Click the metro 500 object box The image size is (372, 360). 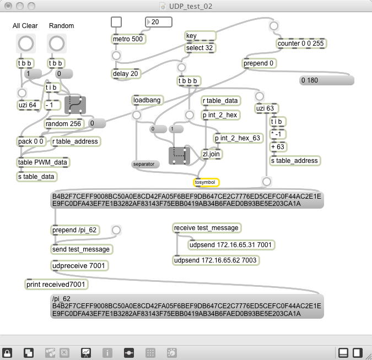click(x=128, y=39)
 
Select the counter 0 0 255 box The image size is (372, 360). click(x=300, y=43)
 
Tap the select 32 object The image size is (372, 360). click(x=200, y=48)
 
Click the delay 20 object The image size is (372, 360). click(x=126, y=74)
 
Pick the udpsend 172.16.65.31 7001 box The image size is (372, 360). click(x=230, y=245)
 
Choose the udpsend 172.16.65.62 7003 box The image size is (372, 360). click(x=215, y=260)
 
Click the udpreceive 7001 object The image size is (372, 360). click(x=79, y=266)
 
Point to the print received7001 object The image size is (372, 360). click(x=56, y=285)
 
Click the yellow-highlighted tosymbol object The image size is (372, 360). click(x=206, y=182)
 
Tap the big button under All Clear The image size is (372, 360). click(x=25, y=43)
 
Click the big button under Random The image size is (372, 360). click(x=56, y=43)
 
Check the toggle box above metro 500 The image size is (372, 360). click(x=116, y=22)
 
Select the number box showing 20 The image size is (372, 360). click(x=159, y=22)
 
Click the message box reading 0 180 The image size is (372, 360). click(x=326, y=80)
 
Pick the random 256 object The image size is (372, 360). click(x=63, y=124)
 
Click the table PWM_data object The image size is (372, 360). click(x=43, y=162)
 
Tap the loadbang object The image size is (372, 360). click(x=148, y=100)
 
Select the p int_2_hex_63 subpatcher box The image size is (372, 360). click(x=239, y=138)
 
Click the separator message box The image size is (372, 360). click(x=145, y=164)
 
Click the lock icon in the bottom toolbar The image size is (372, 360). click(x=8, y=352)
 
